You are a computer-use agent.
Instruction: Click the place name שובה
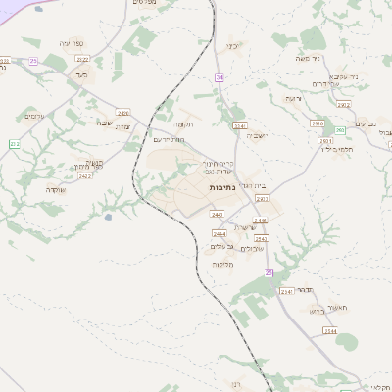[105, 122]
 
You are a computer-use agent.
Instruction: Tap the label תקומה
[183, 124]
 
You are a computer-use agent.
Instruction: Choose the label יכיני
[233, 46]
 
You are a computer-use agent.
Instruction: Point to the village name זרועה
[293, 99]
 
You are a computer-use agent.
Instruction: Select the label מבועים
[366, 124]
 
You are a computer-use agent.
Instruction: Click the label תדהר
[303, 290]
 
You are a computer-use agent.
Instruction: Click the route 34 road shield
[220, 76]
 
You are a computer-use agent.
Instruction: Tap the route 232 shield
[15, 144]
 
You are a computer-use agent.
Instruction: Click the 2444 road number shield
[220, 234]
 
